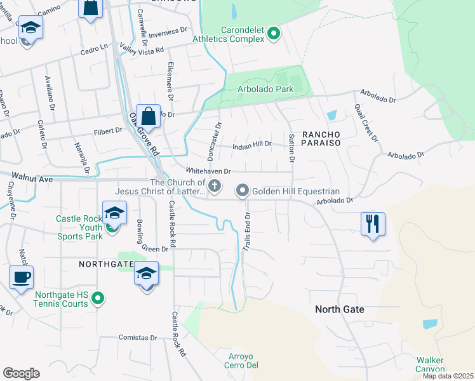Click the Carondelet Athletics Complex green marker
click(x=274, y=33)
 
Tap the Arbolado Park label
click(x=265, y=89)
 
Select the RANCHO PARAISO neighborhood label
click(x=321, y=138)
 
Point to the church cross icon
click(x=215, y=186)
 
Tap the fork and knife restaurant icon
click(x=371, y=224)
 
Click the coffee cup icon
click(x=21, y=277)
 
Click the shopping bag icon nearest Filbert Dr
click(x=148, y=116)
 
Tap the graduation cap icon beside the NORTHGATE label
click(x=147, y=274)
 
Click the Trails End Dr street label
click(x=246, y=232)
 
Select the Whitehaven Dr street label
click(x=208, y=171)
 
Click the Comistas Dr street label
click(x=137, y=338)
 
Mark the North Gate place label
click(x=340, y=309)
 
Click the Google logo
click(x=21, y=373)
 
